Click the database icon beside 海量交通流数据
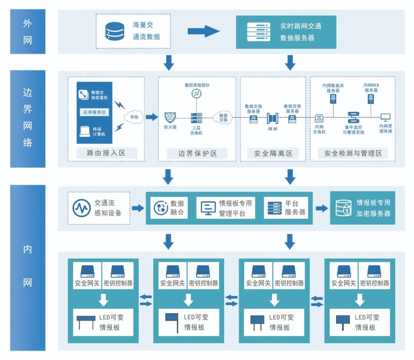115,31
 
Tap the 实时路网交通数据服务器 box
286,32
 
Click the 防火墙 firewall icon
170,118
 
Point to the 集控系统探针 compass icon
197,93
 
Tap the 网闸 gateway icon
272,118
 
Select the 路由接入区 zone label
106,154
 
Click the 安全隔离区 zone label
273,154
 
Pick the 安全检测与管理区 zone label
353,154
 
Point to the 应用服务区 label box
95,112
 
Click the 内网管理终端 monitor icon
385,117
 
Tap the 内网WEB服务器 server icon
371,99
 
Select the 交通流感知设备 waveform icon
82,208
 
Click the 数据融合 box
169,208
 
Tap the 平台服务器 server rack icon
274,208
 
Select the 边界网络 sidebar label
28,118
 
